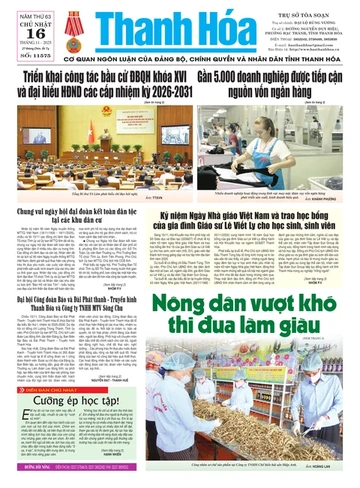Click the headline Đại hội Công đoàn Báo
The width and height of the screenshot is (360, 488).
click(82, 298)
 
